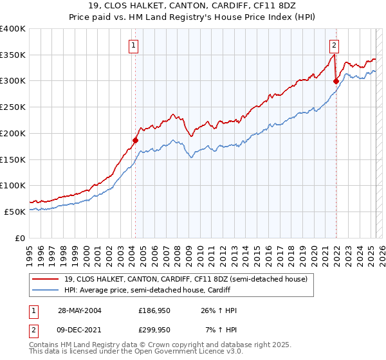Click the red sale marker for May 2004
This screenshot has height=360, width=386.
click(x=136, y=139)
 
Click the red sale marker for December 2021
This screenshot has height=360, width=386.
click(x=336, y=81)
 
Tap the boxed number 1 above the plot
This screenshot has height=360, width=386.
click(x=133, y=45)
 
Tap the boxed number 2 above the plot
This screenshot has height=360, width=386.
click(x=335, y=45)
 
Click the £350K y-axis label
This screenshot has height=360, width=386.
click(x=13, y=55)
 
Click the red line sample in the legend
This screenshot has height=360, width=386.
click(x=46, y=279)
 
